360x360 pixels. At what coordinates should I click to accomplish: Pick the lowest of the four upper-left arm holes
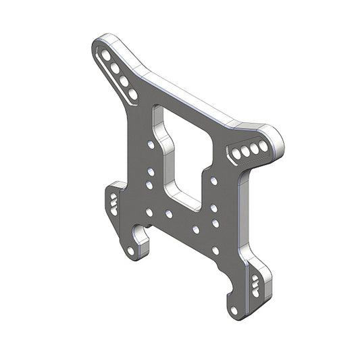(132, 94)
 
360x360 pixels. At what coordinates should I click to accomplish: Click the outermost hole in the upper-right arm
(263, 145)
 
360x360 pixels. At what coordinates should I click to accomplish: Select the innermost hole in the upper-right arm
(237, 155)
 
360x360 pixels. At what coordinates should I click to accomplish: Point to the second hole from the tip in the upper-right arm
(255, 148)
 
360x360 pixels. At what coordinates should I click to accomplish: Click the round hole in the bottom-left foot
(130, 251)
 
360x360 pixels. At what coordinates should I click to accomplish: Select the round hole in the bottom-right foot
(234, 311)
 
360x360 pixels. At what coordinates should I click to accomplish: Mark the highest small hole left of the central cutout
(150, 145)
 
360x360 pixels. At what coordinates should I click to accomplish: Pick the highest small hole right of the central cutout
(213, 181)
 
